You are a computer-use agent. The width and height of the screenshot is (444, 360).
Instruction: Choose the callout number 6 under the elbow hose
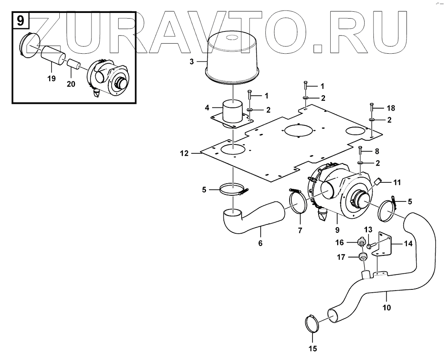(x=260, y=243)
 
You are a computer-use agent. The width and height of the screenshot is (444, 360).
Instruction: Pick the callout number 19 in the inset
(x=51, y=78)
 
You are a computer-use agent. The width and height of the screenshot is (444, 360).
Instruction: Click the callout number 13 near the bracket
(x=368, y=230)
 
